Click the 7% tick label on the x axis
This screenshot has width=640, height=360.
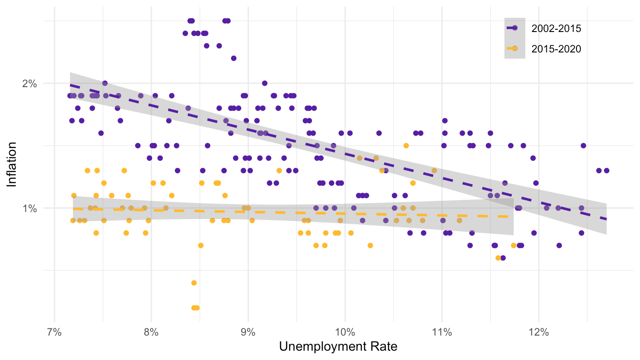click(x=54, y=332)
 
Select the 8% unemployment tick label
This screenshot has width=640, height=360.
click(x=151, y=332)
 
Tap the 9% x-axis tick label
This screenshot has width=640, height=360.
click(x=248, y=332)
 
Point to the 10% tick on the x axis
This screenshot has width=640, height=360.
click(x=344, y=332)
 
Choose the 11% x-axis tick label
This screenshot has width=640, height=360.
click(x=441, y=332)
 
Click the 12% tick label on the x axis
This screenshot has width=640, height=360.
click(x=538, y=332)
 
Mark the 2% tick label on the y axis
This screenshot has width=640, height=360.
click(x=30, y=84)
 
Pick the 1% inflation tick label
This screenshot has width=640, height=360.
click(x=30, y=208)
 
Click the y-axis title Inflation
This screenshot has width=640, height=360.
click(x=12, y=164)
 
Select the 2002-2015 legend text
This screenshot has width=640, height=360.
click(x=556, y=28)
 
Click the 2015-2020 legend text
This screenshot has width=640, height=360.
click(x=556, y=49)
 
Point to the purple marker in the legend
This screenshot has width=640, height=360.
click(x=515, y=28)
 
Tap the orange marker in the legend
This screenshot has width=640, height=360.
click(x=515, y=49)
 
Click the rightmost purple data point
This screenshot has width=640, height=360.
click(x=606, y=171)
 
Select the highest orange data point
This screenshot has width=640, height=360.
click(x=406, y=146)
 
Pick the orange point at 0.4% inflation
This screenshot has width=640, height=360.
click(x=194, y=283)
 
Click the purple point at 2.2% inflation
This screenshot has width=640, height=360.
click(x=233, y=58)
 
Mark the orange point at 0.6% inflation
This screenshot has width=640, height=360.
click(x=498, y=258)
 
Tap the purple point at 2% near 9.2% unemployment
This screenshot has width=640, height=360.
click(x=264, y=83)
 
